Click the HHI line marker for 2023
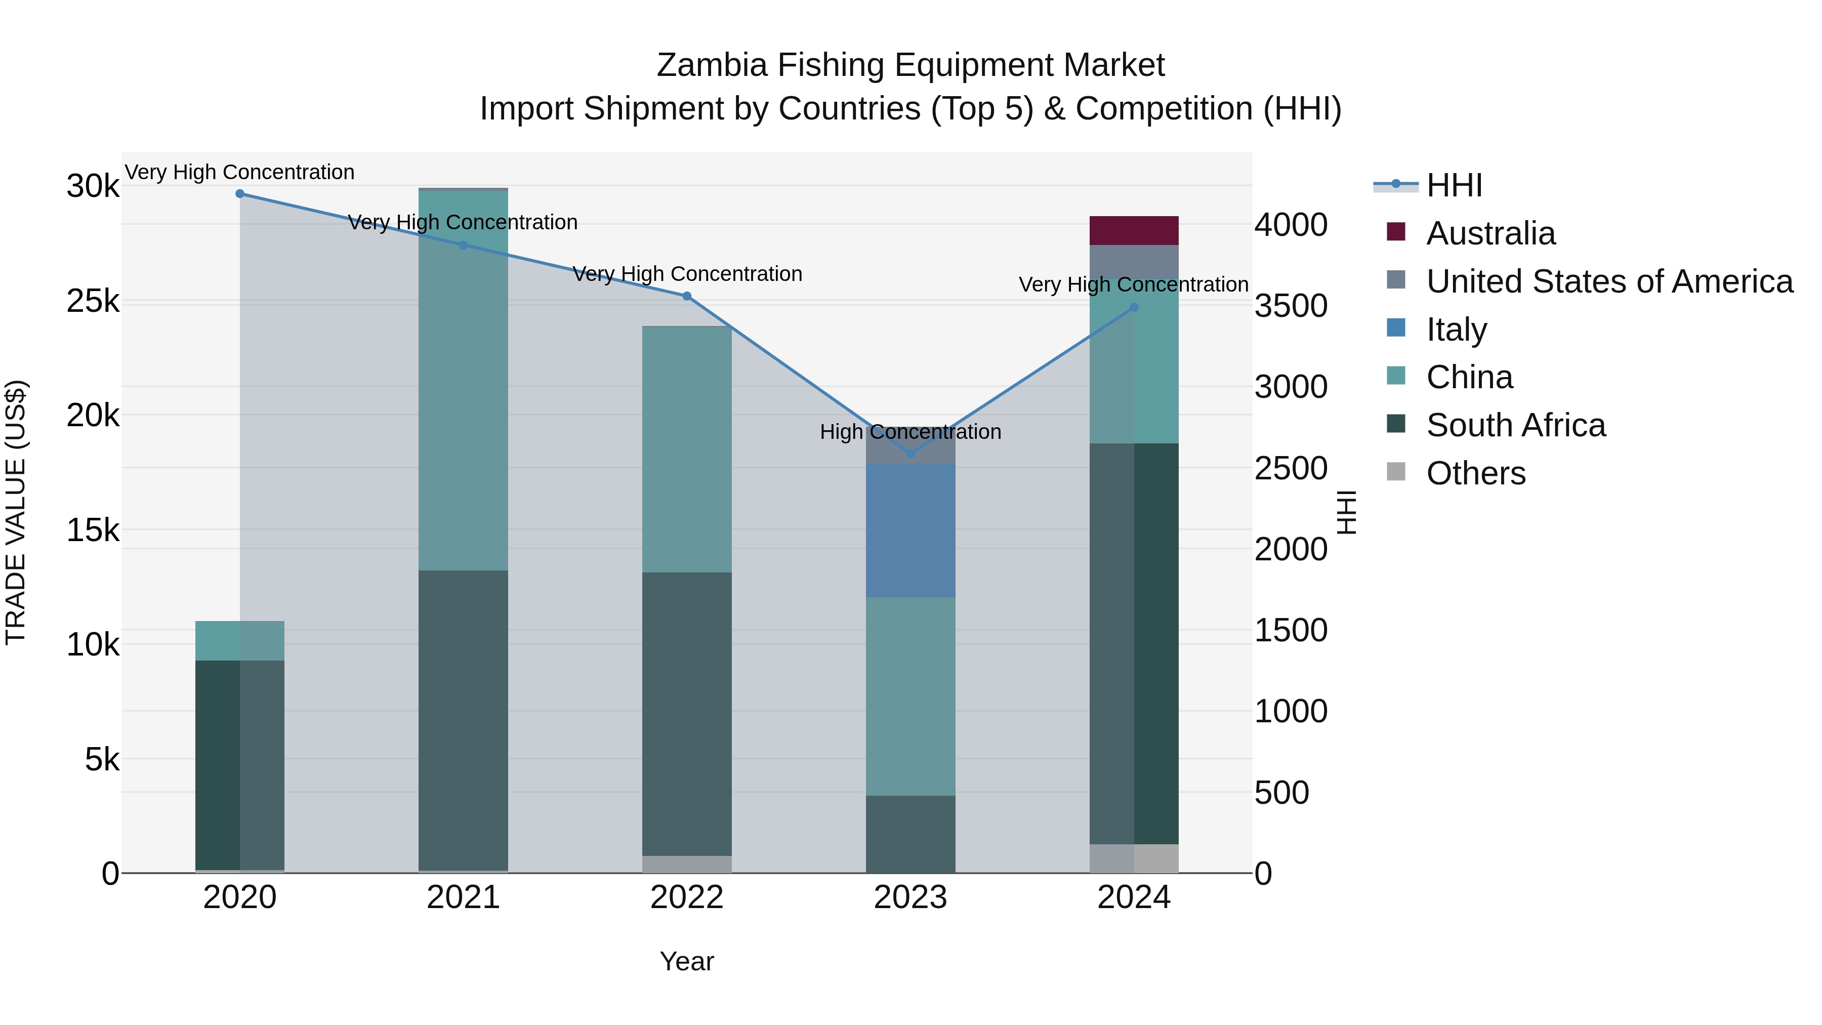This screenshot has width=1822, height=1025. pyautogui.click(x=910, y=454)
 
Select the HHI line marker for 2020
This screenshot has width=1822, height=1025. pyautogui.click(x=240, y=194)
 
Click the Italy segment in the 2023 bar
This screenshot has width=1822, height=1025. pyautogui.click(x=910, y=530)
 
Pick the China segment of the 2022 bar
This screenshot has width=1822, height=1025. pyautogui.click(x=687, y=449)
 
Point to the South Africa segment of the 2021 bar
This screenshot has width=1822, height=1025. pyautogui.click(x=463, y=720)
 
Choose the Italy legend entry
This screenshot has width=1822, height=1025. pyautogui.click(x=1456, y=329)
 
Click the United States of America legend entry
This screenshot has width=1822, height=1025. pyautogui.click(x=1609, y=281)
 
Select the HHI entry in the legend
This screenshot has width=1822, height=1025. pyautogui.click(x=1454, y=185)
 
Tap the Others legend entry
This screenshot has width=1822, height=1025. pyautogui.click(x=1475, y=473)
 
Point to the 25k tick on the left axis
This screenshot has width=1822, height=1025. pyautogui.click(x=93, y=301)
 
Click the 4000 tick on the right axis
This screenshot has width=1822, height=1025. pyautogui.click(x=1291, y=225)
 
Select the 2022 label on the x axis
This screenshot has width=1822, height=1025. pyautogui.click(x=687, y=897)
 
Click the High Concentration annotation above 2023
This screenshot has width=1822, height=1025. pyautogui.click(x=910, y=431)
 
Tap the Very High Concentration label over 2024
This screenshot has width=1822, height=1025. pyautogui.click(x=1133, y=284)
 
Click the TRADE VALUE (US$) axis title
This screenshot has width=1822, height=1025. pyautogui.click(x=16, y=512)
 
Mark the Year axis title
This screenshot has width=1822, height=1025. pyautogui.click(x=687, y=961)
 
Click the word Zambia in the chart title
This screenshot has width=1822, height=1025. pyautogui.click(x=712, y=65)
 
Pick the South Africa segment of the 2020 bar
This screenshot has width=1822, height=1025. pyautogui.click(x=240, y=764)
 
